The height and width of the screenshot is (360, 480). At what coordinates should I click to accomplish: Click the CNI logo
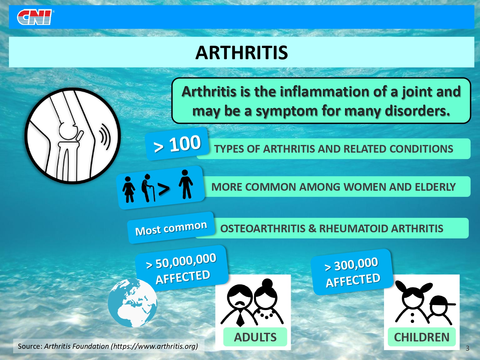click(x=35, y=17)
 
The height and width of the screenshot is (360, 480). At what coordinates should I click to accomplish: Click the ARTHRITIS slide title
click(x=241, y=53)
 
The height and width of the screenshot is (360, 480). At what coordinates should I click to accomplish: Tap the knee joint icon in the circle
click(x=72, y=136)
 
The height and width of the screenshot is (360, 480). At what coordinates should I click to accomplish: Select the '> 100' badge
click(x=177, y=144)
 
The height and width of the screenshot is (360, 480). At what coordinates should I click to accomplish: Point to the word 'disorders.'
click(x=417, y=111)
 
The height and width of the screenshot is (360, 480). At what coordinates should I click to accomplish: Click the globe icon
click(x=132, y=303)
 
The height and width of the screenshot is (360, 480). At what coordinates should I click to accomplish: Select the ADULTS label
click(x=255, y=337)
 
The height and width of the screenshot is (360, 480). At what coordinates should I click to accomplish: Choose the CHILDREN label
click(x=422, y=337)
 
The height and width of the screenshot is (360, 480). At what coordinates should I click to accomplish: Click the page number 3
click(x=467, y=348)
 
